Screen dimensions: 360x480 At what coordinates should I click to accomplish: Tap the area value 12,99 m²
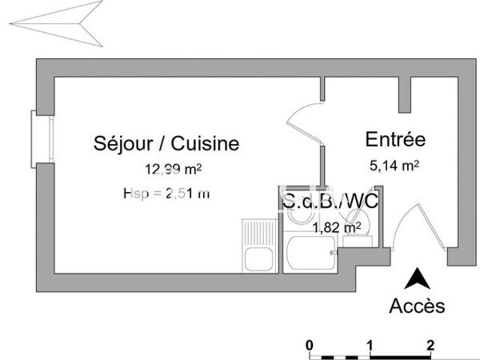(173, 169)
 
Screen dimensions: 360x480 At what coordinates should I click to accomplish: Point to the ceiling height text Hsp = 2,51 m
(167, 193)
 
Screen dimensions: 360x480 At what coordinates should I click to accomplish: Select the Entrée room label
(394, 139)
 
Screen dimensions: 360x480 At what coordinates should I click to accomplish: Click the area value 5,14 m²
(393, 166)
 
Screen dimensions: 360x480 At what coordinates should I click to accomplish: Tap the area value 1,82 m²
(337, 227)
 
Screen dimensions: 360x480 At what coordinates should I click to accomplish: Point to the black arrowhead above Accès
(414, 279)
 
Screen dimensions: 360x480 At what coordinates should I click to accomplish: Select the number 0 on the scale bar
(310, 346)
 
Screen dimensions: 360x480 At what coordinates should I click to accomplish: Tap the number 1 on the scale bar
(370, 346)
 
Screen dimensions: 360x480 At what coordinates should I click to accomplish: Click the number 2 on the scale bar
(430, 346)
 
